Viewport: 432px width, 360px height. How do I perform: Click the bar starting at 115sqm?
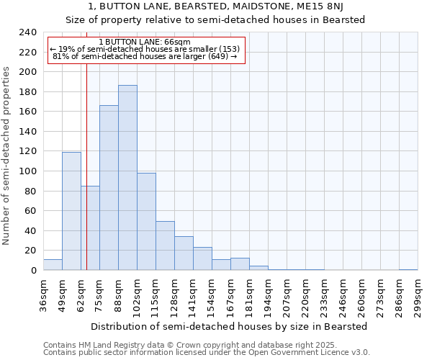pyautogui.click(x=165, y=246)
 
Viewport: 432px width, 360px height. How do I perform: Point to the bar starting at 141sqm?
pyautogui.click(x=202, y=258)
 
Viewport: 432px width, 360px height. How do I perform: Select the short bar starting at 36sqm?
pyautogui.click(x=53, y=264)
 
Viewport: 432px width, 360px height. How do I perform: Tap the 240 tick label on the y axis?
pyautogui.click(x=28, y=32)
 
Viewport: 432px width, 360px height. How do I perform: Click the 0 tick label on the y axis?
pyautogui.click(x=33, y=270)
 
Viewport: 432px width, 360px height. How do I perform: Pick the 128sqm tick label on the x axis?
pyautogui.click(x=174, y=295)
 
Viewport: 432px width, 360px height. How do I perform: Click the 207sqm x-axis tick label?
pyautogui.click(x=287, y=295)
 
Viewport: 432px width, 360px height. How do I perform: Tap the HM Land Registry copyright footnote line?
pyautogui.click(x=194, y=345)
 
